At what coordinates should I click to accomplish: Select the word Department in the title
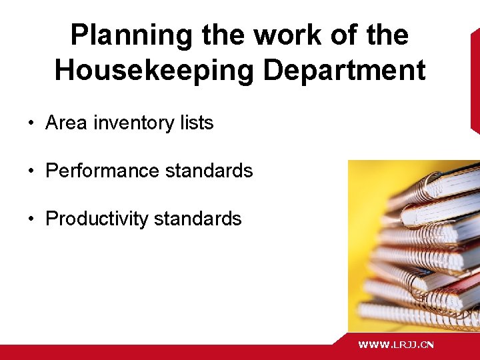tap(345, 70)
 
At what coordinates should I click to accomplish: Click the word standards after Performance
tap(209, 171)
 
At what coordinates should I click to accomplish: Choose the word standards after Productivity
tap(197, 219)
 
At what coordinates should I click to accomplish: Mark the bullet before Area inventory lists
tap(31, 123)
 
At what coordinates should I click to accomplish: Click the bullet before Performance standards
tap(31, 171)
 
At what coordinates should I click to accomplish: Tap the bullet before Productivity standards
tap(31, 219)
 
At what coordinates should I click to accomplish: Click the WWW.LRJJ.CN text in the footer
tap(396, 345)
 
